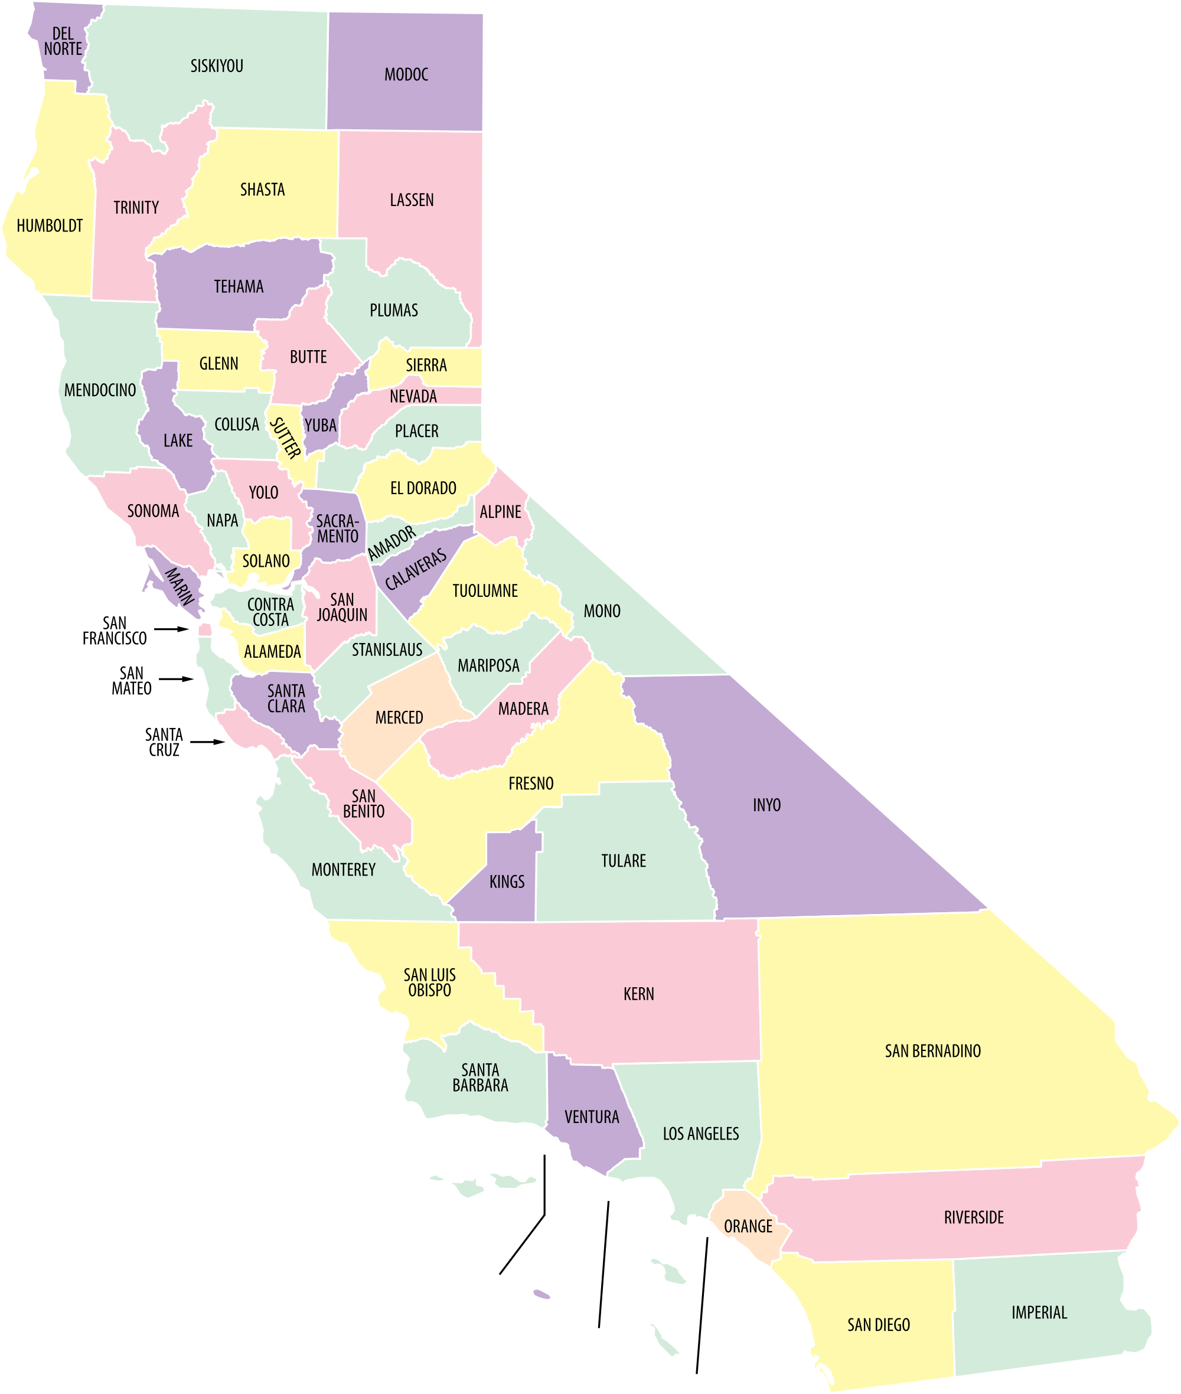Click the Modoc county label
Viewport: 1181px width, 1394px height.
pyautogui.click(x=406, y=74)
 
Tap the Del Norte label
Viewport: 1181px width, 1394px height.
pyautogui.click(x=63, y=41)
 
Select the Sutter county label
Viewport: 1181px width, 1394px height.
pyautogui.click(x=285, y=438)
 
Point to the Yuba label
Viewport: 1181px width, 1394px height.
pyautogui.click(x=320, y=425)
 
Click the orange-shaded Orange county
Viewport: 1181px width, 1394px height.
pyautogui.click(x=748, y=1226)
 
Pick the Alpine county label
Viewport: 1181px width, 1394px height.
pyautogui.click(x=500, y=511)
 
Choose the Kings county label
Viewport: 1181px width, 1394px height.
pyautogui.click(x=507, y=881)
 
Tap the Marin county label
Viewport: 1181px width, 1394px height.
pyautogui.click(x=180, y=586)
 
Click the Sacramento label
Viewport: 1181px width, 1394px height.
pyautogui.click(x=337, y=528)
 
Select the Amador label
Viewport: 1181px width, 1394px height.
pyautogui.click(x=392, y=543)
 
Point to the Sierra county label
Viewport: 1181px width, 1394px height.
pyautogui.click(x=426, y=365)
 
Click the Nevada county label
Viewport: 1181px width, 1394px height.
pyautogui.click(x=413, y=396)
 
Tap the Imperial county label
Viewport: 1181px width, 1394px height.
pyautogui.click(x=1039, y=1312)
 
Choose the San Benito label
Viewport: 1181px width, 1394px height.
pyautogui.click(x=364, y=804)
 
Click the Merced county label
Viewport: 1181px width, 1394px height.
pyautogui.click(x=399, y=717)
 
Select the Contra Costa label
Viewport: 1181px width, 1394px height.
pyautogui.click(x=270, y=612)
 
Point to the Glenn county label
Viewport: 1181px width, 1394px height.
pyautogui.click(x=219, y=364)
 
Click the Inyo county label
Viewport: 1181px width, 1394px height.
pyautogui.click(x=766, y=804)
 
